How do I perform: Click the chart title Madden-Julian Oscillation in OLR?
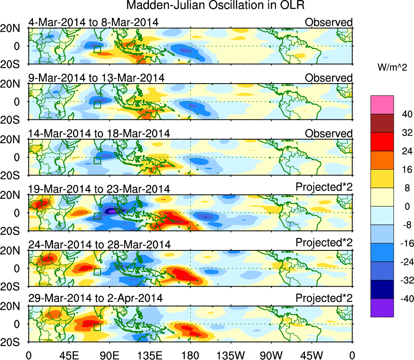tap(215, 6)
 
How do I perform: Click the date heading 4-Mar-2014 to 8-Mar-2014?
tap(93, 22)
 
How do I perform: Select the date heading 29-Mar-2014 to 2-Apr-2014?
tap(95, 298)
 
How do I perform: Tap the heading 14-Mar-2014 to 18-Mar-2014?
tap(99, 134)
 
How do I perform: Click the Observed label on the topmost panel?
tap(329, 22)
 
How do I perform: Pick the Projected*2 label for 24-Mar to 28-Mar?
tap(324, 243)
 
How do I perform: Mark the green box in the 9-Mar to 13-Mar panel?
tap(97, 104)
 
